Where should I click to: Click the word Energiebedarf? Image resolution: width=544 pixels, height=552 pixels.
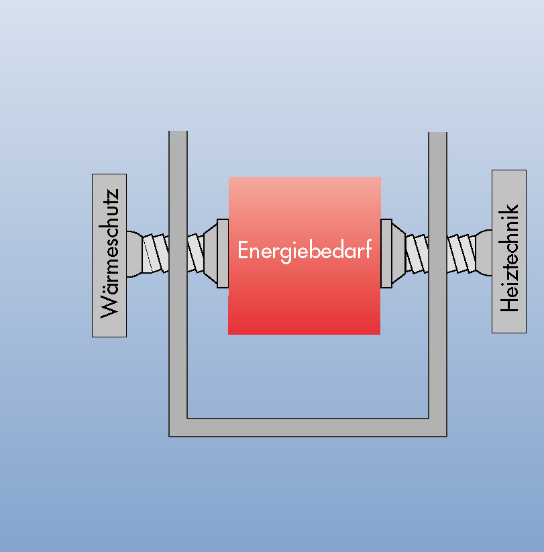305,251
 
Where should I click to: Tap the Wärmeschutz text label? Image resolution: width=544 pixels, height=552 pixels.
109,255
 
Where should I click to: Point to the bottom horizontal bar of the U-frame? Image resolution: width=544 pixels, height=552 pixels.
307,427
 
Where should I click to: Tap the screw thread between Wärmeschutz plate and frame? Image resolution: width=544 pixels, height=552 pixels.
156,253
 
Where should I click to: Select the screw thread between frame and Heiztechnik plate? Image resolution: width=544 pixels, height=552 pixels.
461,253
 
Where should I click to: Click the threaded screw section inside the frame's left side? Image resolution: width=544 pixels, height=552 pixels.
195,253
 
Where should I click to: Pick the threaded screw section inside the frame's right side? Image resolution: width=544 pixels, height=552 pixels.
417,253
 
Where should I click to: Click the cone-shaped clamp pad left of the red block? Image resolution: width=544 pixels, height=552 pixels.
210,253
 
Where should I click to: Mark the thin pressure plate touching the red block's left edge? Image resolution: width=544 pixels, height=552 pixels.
223,253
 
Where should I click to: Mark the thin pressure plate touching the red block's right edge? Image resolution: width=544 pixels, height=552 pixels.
386,253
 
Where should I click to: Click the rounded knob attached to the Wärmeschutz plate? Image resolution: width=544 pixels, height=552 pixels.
133,253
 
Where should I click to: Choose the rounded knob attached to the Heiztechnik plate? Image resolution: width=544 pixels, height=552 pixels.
484,253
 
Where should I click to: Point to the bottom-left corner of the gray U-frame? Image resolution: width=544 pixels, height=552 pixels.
178,427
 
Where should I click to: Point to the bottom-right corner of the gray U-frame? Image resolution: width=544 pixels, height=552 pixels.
437,427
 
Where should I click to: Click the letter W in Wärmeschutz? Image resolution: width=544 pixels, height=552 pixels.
110,305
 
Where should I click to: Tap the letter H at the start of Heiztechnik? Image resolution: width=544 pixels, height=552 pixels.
510,302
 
